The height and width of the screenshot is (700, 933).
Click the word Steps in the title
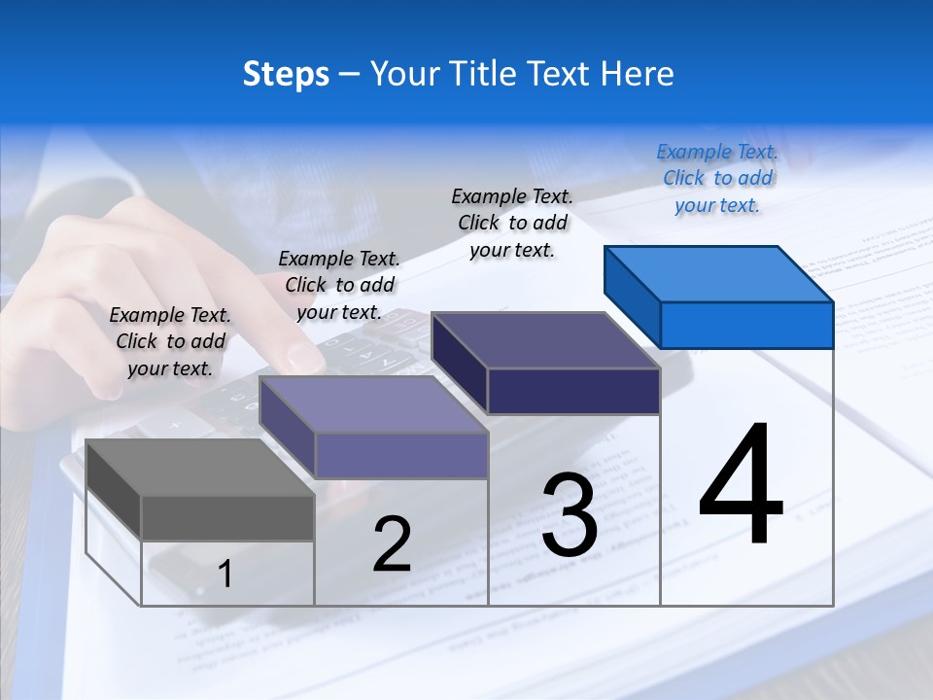point(286,74)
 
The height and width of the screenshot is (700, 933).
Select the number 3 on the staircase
point(570,515)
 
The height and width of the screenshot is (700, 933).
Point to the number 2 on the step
point(393,544)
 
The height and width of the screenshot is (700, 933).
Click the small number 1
point(225,575)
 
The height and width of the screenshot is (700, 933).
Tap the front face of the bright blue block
point(746,325)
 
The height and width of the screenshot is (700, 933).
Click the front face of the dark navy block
point(573,391)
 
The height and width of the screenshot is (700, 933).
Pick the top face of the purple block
point(373,404)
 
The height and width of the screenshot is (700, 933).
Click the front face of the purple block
point(400,455)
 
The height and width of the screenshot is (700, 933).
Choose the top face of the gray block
point(200,468)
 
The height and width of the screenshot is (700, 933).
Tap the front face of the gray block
point(227,517)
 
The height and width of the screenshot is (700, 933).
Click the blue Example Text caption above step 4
point(717,178)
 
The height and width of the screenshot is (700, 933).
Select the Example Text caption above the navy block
point(512,223)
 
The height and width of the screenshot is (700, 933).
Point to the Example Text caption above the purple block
point(339,285)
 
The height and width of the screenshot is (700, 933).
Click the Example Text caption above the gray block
point(170,341)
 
